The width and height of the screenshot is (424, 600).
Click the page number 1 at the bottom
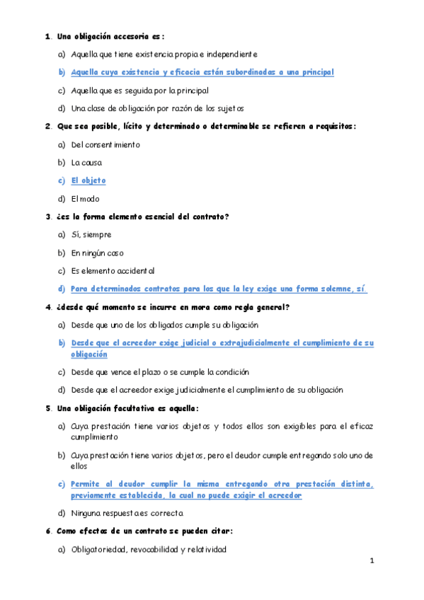(371, 561)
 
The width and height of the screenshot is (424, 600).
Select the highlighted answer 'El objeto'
(88, 180)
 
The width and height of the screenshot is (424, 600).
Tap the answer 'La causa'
(86, 163)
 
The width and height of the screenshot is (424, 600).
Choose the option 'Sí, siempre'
(91, 235)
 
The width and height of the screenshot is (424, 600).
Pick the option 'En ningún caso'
(96, 253)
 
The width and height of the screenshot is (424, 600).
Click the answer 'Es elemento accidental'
(113, 271)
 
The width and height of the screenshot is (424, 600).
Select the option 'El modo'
(86, 199)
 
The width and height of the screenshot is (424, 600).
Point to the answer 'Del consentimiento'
(105, 145)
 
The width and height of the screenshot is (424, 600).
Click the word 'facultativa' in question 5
(134, 408)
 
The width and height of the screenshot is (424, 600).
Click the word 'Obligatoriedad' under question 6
(99, 549)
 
